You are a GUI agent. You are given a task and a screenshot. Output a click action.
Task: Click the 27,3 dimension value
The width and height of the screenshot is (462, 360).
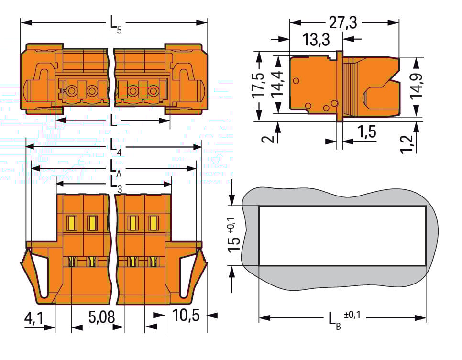344,22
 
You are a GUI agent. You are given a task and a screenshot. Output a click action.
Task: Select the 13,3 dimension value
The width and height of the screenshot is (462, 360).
316,40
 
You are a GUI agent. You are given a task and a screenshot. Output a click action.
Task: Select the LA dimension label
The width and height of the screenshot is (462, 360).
115,169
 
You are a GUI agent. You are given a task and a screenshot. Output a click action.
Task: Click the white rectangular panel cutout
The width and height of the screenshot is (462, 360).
342,236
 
